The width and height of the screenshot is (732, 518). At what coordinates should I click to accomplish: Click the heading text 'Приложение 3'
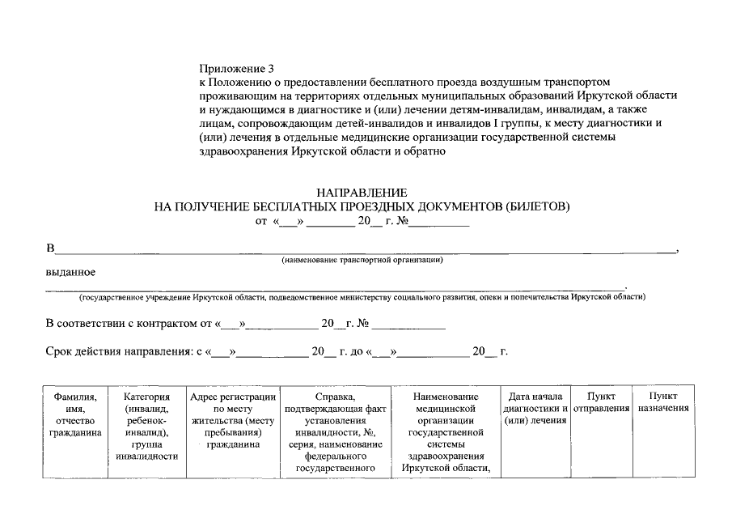236,69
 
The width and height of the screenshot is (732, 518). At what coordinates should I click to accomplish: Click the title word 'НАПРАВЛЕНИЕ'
362,193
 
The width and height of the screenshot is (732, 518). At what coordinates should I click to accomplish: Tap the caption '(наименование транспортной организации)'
362,261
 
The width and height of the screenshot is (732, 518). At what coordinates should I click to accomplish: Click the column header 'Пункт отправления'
601,402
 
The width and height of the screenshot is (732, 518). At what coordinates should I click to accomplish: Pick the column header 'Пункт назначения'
663,402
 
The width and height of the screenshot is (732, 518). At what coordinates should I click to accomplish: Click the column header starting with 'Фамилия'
75,414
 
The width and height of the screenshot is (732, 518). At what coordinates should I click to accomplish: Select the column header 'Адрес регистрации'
232,420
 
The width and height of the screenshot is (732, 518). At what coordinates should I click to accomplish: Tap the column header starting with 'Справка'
337,432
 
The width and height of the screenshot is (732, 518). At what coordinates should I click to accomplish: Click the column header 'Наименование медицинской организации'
445,432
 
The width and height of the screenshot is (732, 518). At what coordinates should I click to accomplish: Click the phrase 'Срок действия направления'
121,352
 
